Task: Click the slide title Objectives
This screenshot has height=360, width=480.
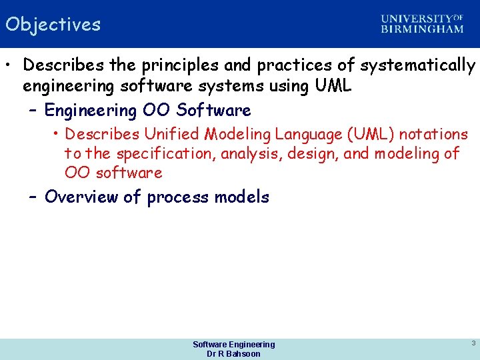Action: [53, 25]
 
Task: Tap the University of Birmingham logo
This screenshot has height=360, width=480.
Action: [422, 24]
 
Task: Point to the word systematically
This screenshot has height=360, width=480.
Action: [418, 65]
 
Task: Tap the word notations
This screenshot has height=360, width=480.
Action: [433, 134]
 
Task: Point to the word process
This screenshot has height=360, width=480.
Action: [178, 197]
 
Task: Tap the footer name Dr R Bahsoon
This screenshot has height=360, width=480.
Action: [233, 354]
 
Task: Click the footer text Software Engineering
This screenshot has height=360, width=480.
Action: [233, 344]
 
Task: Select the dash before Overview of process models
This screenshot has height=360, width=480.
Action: [33, 197]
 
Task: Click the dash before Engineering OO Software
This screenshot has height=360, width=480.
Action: [33, 110]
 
